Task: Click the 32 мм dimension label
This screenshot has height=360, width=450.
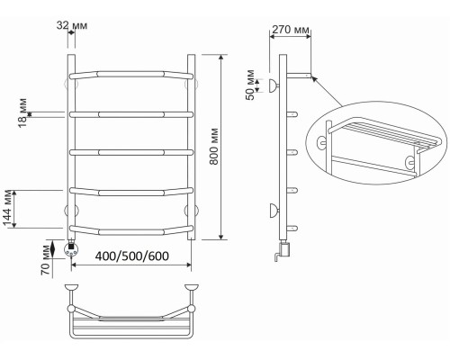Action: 72,25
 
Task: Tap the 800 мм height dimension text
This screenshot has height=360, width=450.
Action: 214,147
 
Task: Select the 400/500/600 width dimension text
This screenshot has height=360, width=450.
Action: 132,256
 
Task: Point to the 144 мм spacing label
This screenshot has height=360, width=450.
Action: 7,209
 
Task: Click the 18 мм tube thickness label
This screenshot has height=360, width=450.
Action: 22,112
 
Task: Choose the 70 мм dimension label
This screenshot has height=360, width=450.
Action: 46,260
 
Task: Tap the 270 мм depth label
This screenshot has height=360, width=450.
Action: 291,30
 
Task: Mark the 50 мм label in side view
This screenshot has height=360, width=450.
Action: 250,85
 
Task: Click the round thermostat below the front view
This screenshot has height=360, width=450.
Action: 71,249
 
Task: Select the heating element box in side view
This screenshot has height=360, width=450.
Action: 285,250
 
